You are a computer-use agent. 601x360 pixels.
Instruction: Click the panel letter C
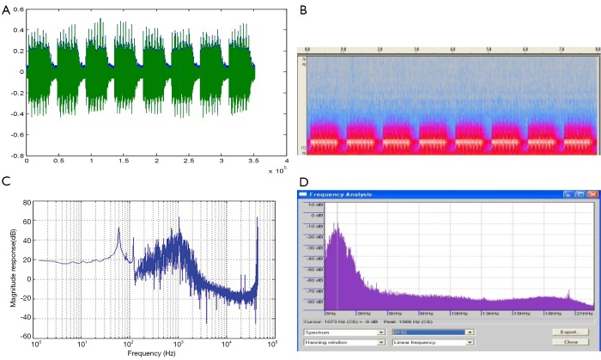[6, 181]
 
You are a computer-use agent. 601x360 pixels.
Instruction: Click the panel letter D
[303, 181]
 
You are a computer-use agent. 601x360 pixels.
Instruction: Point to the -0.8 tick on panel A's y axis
[16, 156]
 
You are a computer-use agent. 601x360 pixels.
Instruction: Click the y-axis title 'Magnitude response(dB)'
[9, 269]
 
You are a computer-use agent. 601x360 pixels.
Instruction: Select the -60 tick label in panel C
[24, 337]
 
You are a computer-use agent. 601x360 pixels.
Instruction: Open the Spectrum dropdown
[343, 331]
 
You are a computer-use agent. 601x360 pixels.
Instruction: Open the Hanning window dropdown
[343, 342]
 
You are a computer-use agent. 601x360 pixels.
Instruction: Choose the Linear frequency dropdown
[433, 342]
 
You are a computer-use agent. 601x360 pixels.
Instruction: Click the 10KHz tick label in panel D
[464, 312]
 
